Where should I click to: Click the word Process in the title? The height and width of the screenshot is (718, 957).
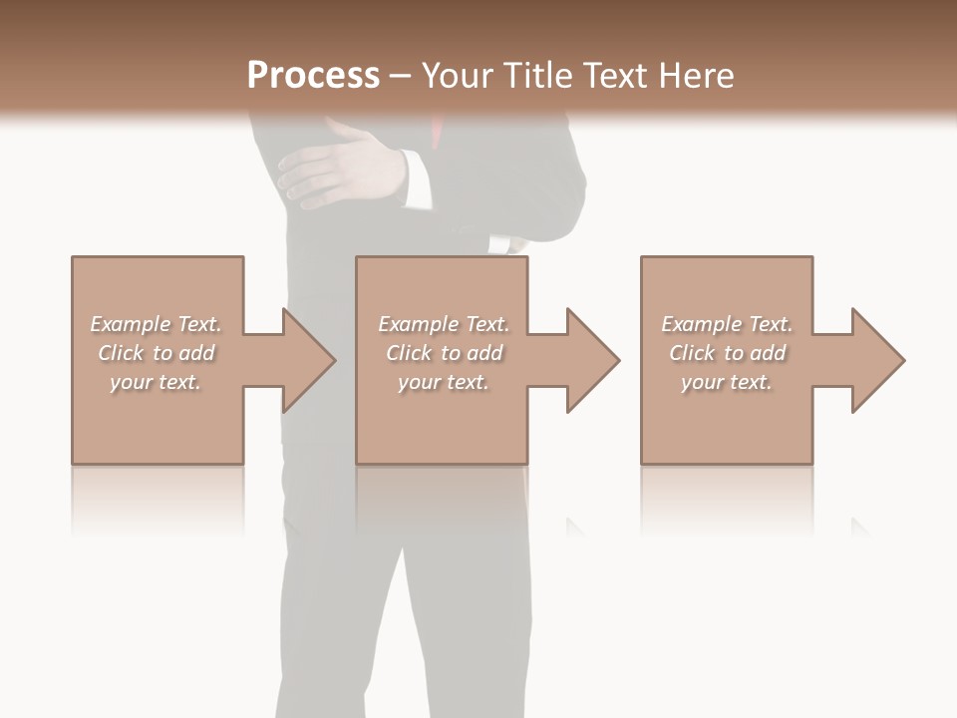tap(313, 76)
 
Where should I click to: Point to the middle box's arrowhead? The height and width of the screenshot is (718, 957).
tap(592, 360)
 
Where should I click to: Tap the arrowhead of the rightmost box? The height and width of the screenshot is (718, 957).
tap(877, 360)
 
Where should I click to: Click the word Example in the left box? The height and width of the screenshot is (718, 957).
tap(130, 324)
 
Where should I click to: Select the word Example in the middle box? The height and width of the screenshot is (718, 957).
tap(418, 324)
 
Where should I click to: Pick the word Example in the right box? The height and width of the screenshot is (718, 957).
tap(701, 324)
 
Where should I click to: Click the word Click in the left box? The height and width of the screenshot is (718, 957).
tap(121, 353)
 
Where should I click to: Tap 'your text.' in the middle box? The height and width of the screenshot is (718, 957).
tap(444, 382)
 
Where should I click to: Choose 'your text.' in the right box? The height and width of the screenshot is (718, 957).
tap(727, 382)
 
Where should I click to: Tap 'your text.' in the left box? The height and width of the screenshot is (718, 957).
tap(156, 382)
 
